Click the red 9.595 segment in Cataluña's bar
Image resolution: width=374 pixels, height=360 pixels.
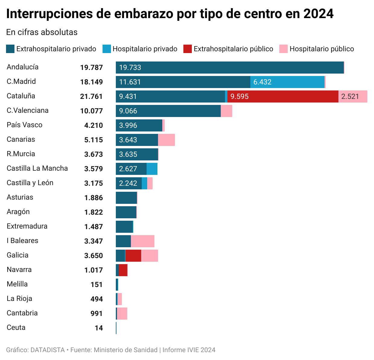pos(283,96)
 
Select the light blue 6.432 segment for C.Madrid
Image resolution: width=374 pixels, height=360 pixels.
pos(287,82)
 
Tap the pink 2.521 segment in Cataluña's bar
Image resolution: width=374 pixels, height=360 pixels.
pos(353,96)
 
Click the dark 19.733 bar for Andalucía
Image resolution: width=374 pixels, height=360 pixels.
pos(230,68)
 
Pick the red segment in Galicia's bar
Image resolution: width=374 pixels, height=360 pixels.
pos(133,256)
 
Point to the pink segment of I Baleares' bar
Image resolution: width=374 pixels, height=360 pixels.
pos(143,241)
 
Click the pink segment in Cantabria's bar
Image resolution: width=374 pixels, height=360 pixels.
pos(122,314)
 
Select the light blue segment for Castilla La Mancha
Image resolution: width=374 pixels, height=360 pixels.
pos(152,169)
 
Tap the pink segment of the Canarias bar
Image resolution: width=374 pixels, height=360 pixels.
pos(166,140)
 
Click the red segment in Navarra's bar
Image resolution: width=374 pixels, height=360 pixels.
pos(123,270)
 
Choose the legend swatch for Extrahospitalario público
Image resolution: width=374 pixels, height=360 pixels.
pos(188,49)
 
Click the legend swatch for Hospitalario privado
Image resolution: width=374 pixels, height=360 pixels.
pos(107,49)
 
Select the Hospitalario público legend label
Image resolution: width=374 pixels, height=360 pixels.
pos(322,49)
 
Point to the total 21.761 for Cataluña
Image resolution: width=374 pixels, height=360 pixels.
pos(91,96)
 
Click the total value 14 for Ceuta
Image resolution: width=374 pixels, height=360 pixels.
pos(99,328)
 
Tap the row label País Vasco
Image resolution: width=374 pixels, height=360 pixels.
pos(24,125)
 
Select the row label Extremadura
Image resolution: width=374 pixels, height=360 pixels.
pos(27,226)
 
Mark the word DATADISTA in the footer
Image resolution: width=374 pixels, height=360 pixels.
pos(48,350)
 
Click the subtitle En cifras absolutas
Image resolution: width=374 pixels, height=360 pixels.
pos(42,32)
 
